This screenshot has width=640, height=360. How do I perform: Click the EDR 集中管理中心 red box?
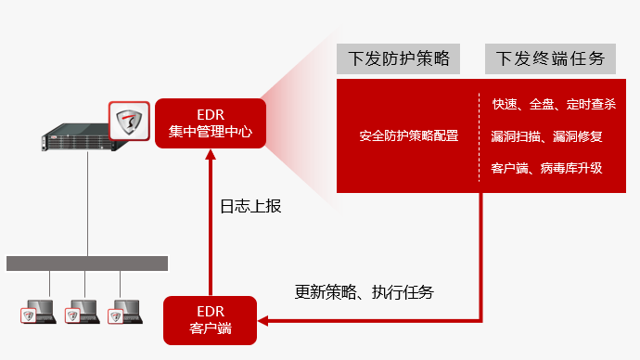pyautogui.click(x=211, y=123)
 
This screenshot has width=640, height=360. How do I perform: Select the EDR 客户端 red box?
pyautogui.click(x=211, y=320)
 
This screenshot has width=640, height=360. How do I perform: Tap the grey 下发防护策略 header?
pyautogui.click(x=398, y=58)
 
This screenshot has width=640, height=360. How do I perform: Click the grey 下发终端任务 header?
pyautogui.click(x=550, y=58)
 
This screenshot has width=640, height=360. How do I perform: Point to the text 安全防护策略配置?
pyautogui.click(x=409, y=135)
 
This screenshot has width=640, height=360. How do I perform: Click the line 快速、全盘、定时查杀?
pyautogui.click(x=554, y=104)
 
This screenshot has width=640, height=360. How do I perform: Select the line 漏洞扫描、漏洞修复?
pyautogui.click(x=546, y=136)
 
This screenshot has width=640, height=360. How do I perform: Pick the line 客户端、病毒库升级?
pyautogui.click(x=546, y=168)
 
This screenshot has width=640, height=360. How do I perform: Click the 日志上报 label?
pyautogui.click(x=250, y=206)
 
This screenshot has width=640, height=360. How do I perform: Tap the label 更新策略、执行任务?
pyautogui.click(x=365, y=292)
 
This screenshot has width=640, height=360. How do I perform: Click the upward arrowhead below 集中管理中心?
pyautogui.click(x=211, y=154)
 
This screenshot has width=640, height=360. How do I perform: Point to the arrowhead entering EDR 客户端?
pyautogui.click(x=262, y=321)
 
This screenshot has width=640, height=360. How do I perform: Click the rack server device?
pyautogui.click(x=78, y=137)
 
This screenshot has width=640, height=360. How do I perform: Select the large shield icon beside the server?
pyautogui.click(x=129, y=121)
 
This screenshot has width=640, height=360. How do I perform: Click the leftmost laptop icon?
pyautogui.click(x=38, y=312)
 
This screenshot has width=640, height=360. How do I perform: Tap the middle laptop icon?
pyautogui.click(x=83, y=312)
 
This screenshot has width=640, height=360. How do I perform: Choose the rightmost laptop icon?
pyautogui.click(x=125, y=312)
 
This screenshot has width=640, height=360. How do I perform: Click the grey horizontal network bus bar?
pyautogui.click(x=87, y=264)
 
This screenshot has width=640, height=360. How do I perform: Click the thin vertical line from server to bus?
pyautogui.click(x=87, y=204)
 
